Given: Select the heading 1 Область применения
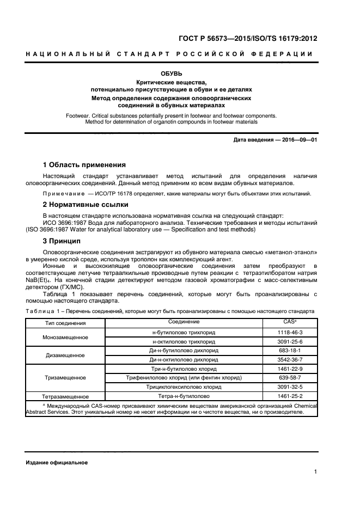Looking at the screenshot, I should [x=84, y=165].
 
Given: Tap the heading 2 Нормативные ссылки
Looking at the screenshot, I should [x=86, y=205].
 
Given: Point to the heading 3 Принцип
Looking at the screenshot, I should [x=62, y=241].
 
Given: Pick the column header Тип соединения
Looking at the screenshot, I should [x=65, y=323].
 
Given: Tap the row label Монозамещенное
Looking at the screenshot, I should [x=65, y=336].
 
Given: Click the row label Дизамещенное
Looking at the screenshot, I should [x=65, y=355].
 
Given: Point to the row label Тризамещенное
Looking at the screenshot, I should [x=65, y=377].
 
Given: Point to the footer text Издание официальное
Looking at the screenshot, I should [x=57, y=462].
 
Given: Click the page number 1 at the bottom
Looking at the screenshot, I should [x=316, y=472].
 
